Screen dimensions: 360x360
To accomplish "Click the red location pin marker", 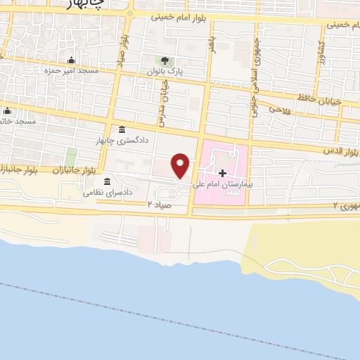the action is tap(181, 165).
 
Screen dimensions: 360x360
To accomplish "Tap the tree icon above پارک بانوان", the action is tap(165, 60).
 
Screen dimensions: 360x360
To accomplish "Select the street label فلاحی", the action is tap(280, 110).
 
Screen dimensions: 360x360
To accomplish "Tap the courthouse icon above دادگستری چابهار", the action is tap(122, 129).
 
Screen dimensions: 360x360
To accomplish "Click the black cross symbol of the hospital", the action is tap(222, 172).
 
